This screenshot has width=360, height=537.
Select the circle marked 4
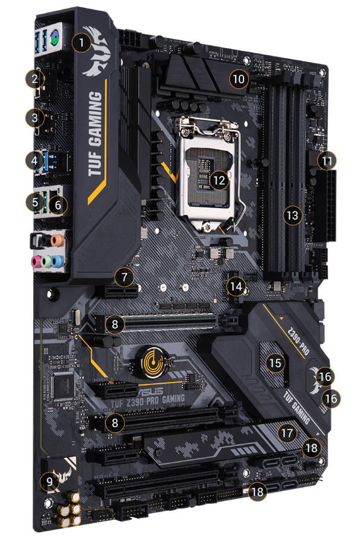tap(36, 160)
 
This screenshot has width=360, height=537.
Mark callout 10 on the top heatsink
tap(239, 78)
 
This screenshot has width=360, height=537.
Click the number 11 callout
tap(325, 161)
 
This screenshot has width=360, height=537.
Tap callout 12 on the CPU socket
tap(220, 179)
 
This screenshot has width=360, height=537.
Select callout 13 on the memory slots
tap(292, 215)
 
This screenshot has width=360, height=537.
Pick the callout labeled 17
tap(288, 433)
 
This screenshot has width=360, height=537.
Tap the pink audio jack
tap(35, 260)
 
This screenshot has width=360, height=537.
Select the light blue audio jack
tap(58, 260)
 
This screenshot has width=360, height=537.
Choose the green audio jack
tap(46, 260)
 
